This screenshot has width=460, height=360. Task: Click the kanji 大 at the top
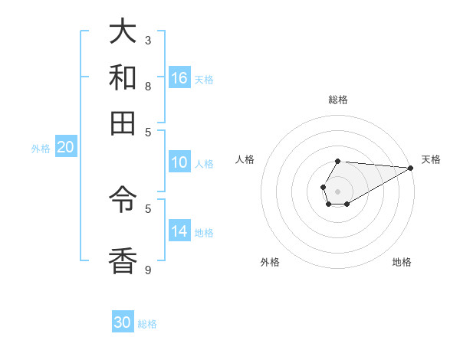123,32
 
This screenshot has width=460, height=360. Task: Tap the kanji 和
123,77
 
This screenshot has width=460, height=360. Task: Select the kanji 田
123,123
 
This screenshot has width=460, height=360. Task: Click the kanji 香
123,261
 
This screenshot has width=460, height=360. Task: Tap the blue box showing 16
179,78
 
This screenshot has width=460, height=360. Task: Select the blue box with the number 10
179,162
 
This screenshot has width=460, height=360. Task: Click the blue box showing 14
179,231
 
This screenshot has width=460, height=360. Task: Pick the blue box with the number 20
65,148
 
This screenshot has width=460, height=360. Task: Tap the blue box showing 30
123,322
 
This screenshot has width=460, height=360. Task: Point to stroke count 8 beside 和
148,86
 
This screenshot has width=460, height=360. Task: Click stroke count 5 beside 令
148,208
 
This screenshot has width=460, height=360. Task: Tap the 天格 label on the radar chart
431,159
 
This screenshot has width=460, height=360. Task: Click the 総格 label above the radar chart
337,100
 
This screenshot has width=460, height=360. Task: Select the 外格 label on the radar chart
270,262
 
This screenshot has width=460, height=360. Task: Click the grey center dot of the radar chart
337,190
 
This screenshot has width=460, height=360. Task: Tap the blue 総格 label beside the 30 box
147,324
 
